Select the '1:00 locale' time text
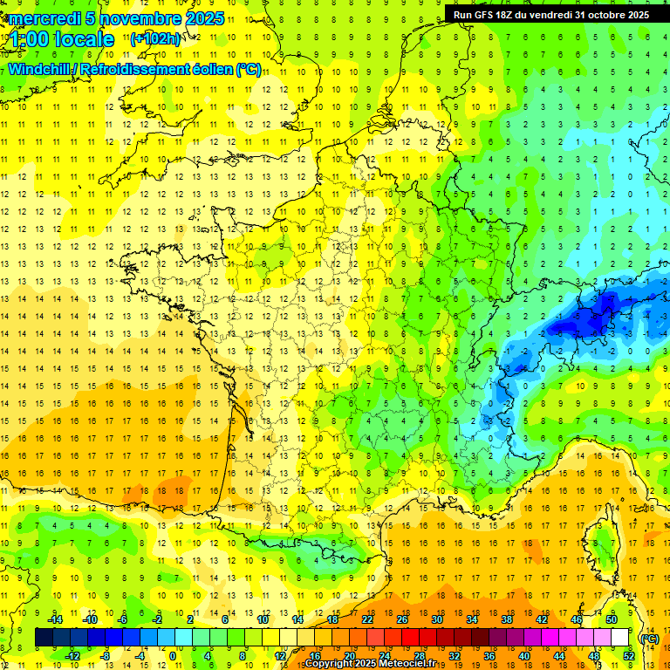(x=62, y=39)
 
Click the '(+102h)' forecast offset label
(x=155, y=38)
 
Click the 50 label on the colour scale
(x=612, y=619)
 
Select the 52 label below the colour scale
(x=629, y=656)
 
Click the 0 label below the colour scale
(x=173, y=656)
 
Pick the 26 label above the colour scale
(x=402, y=619)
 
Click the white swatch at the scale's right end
(x=620, y=638)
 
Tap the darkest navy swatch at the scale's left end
(x=44, y=638)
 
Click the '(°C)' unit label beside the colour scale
(x=649, y=639)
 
